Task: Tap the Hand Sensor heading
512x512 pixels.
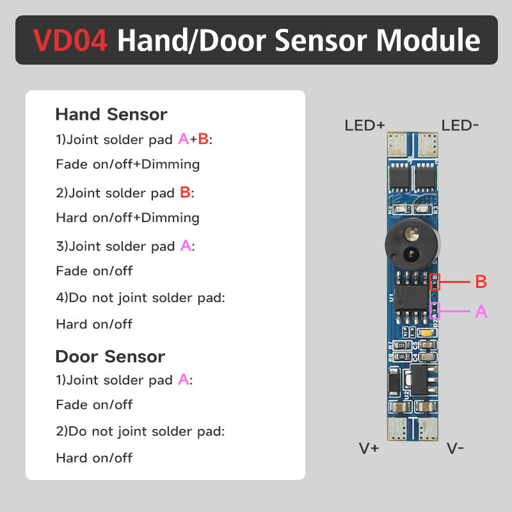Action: pyautogui.click(x=111, y=115)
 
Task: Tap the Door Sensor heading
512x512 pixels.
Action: pyautogui.click(x=110, y=356)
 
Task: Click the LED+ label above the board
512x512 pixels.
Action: pyautogui.click(x=364, y=125)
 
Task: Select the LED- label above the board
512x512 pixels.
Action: pyautogui.click(x=460, y=125)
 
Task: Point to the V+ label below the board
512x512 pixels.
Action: pyautogui.click(x=369, y=448)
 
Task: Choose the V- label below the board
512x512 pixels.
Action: pyautogui.click(x=455, y=448)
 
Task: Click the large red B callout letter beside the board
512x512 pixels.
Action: pyautogui.click(x=481, y=282)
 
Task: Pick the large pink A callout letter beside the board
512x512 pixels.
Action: pyautogui.click(x=481, y=312)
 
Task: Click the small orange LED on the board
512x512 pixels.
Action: pyautogui.click(x=427, y=333)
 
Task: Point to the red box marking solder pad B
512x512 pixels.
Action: pyautogui.click(x=435, y=281)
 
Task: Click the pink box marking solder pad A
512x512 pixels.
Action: pyautogui.click(x=435, y=311)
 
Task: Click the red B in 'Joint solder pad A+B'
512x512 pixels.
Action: pyautogui.click(x=203, y=139)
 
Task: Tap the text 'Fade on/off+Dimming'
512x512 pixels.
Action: pyautogui.click(x=128, y=164)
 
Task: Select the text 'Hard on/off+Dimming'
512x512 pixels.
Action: pyautogui.click(x=128, y=218)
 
